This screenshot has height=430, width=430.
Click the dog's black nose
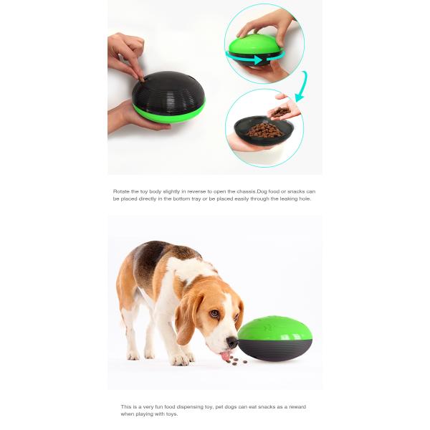tap(232, 343)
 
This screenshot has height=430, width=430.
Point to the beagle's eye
tap(214, 314)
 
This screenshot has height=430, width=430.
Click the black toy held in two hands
tap(168, 97)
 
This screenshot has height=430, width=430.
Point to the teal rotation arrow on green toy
tap(256, 58)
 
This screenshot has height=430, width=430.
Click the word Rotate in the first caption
tap(121, 191)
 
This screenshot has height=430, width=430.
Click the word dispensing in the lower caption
tap(188, 406)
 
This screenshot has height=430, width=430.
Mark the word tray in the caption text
tap(188, 199)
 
